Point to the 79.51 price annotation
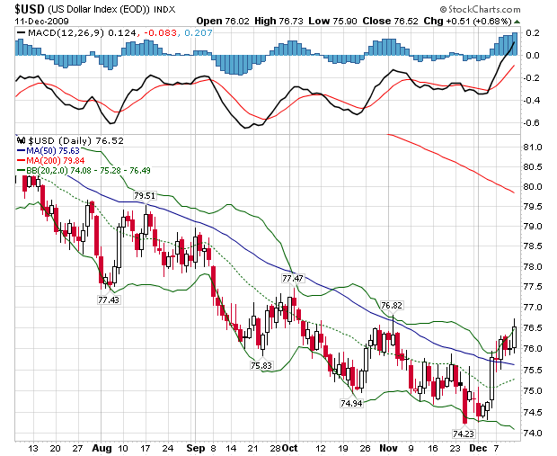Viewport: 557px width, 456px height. pyautogui.click(x=145, y=195)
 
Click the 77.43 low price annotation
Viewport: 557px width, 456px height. pyautogui.click(x=109, y=299)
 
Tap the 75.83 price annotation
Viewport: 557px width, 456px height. pyautogui.click(x=261, y=365)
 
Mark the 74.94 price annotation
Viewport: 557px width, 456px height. pyautogui.click(x=351, y=404)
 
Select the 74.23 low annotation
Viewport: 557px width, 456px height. pyautogui.click(x=463, y=434)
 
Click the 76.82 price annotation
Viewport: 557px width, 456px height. pyautogui.click(x=391, y=306)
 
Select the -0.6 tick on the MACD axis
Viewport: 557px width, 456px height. pyautogui.click(x=532, y=123)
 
